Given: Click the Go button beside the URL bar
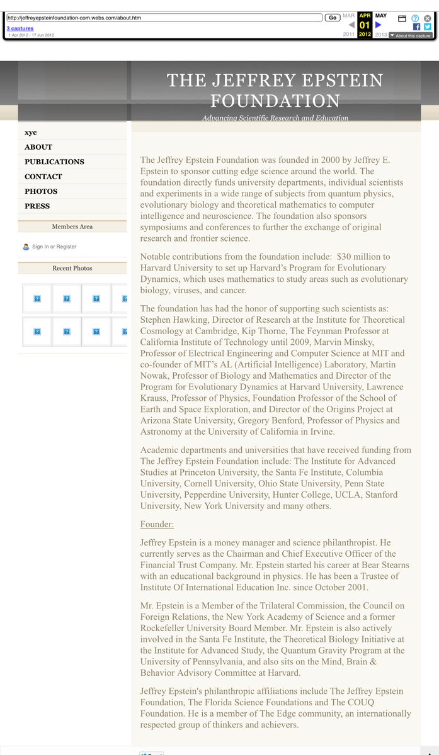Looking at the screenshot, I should (333, 18).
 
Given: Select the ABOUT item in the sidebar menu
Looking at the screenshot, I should (38, 147).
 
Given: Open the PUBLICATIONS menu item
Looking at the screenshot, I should (54, 162).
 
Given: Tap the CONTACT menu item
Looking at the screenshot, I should (43, 176).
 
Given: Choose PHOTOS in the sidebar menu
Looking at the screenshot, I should (41, 191).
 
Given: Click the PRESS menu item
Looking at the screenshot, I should (37, 206).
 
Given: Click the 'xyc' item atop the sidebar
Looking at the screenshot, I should (31, 132).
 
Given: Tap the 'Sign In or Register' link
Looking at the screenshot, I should (54, 247).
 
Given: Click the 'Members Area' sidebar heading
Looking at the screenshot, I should (72, 226).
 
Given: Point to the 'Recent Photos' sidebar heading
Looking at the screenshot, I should (72, 268).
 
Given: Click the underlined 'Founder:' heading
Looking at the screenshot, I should (157, 524).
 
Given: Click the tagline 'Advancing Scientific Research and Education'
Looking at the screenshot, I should (275, 118).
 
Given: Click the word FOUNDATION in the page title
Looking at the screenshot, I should (275, 101).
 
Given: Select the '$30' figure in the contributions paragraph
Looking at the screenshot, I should (344, 257).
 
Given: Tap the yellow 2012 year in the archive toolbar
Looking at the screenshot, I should (365, 35).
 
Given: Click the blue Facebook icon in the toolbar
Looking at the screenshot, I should (416, 27).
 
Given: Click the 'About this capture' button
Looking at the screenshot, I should (411, 36).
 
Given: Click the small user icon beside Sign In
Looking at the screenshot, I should (26, 247).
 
